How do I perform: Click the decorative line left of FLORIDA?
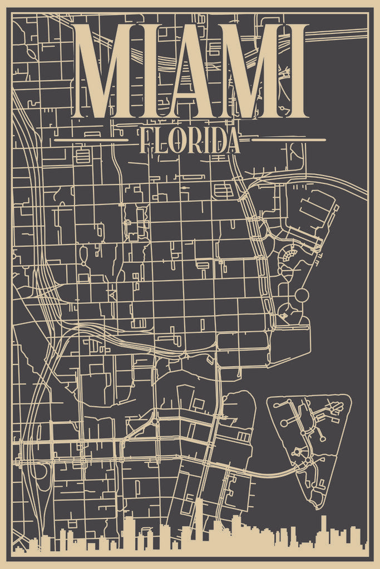pyautogui.click(x=91, y=140)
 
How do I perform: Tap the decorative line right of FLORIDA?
pyautogui.click(x=288, y=140)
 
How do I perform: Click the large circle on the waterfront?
pyautogui.click(x=301, y=295)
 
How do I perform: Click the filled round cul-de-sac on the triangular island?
pyautogui.click(x=284, y=423)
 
